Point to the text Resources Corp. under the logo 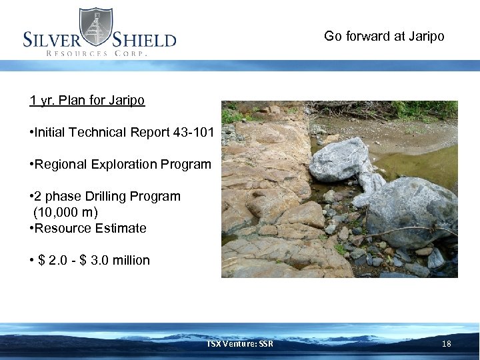[95, 53]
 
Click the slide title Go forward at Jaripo [383, 36]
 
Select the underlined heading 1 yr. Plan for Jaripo [87, 101]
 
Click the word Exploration [118, 164]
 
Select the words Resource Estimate [91, 228]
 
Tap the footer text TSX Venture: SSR [239, 343]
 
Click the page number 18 [447, 343]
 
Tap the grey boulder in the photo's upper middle [340, 160]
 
